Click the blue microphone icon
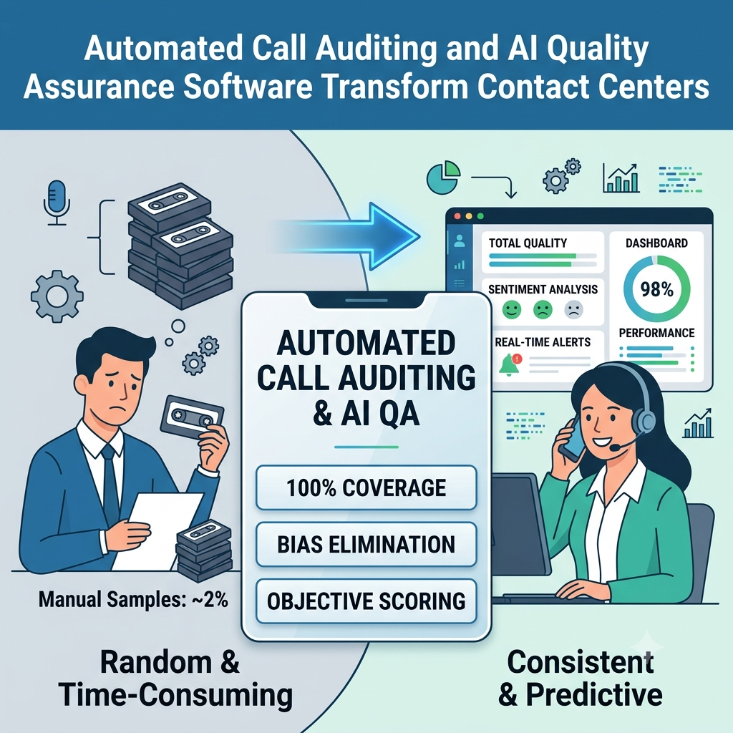click(x=57, y=203)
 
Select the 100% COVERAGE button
click(x=366, y=487)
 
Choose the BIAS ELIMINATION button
click(x=366, y=545)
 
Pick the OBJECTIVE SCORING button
click(x=366, y=601)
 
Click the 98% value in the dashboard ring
click(x=657, y=290)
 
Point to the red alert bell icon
click(x=510, y=364)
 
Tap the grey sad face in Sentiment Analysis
click(x=573, y=309)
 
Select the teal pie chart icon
click(x=443, y=178)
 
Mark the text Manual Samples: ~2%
click(x=133, y=599)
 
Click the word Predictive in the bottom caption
click(x=593, y=694)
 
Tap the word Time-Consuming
click(x=176, y=696)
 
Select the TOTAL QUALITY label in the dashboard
click(x=528, y=243)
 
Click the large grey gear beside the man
click(x=57, y=296)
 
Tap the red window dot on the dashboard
click(x=457, y=217)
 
